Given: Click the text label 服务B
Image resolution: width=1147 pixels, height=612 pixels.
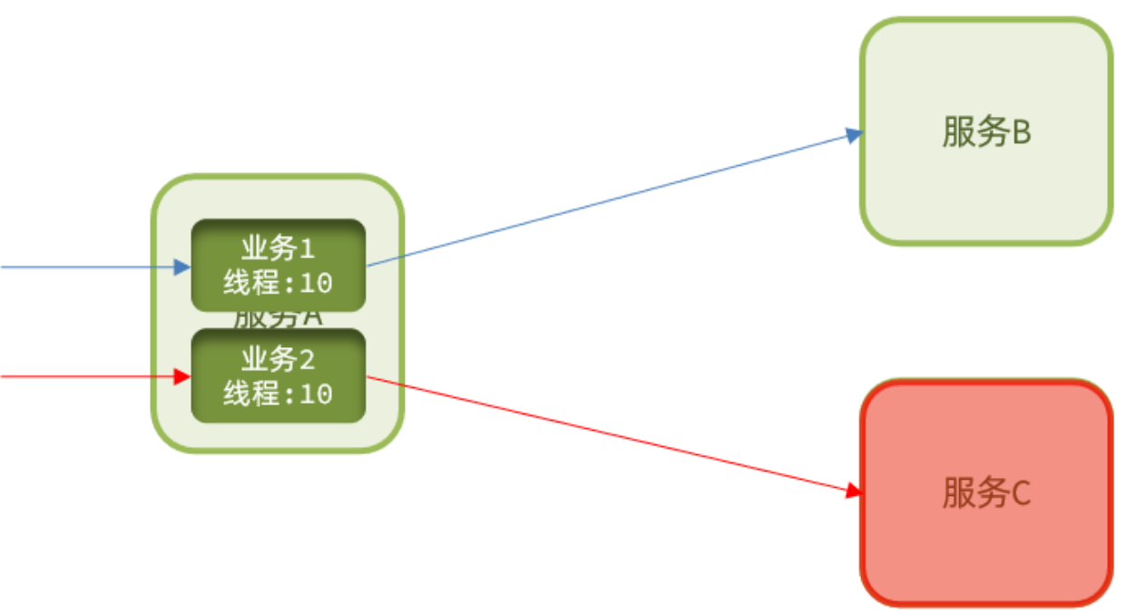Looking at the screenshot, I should click(986, 132).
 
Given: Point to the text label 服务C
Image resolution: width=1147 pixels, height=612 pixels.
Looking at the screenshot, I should click(986, 494).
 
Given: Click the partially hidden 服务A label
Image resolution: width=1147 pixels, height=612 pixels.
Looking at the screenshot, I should click(278, 319).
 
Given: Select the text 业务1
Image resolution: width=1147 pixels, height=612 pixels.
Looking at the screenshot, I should click(278, 248).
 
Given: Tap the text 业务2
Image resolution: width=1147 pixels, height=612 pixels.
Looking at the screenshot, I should click(278, 360).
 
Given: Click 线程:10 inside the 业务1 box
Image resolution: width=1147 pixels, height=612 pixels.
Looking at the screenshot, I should click(278, 283).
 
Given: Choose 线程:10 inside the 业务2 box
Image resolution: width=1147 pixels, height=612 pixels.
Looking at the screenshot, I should click(278, 393).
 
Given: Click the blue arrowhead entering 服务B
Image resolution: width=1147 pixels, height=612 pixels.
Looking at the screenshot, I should click(853, 135).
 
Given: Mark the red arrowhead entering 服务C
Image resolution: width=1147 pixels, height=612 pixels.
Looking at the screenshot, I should click(853, 491).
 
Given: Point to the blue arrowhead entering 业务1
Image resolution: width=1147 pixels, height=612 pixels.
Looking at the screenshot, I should click(181, 267).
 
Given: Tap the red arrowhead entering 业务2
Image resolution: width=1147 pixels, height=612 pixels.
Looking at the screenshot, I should click(181, 376).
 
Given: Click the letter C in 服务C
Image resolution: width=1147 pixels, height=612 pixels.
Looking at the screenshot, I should click(1019, 494).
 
